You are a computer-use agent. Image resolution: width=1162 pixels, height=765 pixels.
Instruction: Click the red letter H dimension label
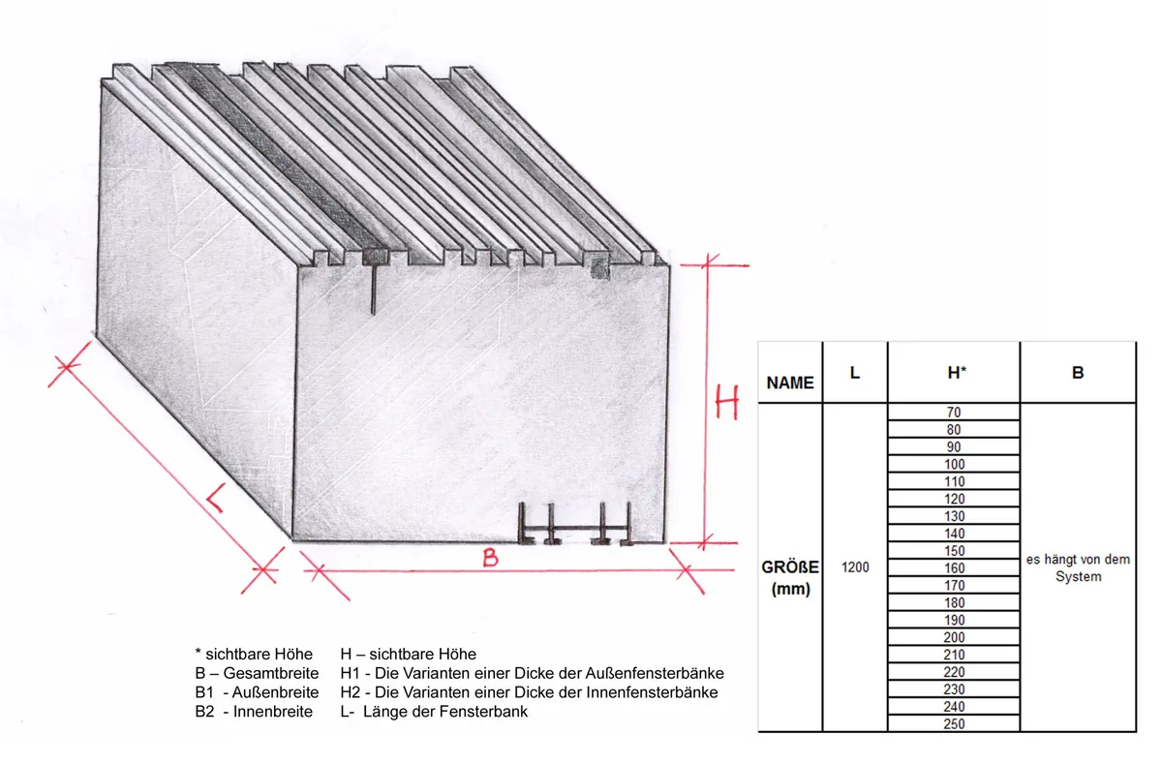727,402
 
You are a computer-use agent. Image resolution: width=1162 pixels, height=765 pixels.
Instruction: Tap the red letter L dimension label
216,499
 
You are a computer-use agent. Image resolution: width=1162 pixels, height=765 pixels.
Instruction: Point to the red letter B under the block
490,558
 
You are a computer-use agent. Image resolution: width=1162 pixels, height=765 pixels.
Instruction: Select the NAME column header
790,382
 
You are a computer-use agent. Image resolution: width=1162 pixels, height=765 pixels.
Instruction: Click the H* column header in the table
957,373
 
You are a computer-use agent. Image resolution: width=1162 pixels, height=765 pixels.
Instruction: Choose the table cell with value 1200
855,567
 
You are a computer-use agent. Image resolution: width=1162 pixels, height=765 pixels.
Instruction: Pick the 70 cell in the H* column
954,413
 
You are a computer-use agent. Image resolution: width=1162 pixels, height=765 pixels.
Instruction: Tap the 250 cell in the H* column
954,724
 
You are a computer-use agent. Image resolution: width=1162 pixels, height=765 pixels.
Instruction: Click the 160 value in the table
954,567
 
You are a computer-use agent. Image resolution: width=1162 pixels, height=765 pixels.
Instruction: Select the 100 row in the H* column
954,464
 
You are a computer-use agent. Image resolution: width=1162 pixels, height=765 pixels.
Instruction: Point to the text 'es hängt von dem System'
1078,567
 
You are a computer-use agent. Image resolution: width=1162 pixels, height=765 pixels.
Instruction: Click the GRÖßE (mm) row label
790,578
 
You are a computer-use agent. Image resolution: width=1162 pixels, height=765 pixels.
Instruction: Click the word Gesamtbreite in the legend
271,673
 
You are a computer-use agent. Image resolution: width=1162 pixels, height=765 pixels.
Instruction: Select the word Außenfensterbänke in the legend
655,673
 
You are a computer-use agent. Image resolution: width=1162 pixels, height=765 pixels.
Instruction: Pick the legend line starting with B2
254,712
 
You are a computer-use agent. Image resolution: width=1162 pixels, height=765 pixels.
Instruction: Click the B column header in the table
1078,373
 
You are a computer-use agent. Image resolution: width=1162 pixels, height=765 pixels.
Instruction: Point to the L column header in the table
855,373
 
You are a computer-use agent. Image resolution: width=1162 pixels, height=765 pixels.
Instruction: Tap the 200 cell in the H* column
954,637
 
